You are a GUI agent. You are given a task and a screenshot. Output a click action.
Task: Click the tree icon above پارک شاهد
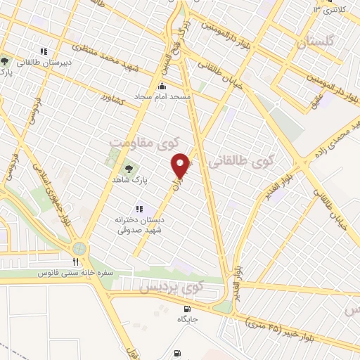(129, 169)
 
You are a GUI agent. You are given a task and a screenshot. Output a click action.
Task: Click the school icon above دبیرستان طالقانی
(44, 51)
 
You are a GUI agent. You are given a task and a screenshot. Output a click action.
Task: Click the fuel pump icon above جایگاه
(186, 308)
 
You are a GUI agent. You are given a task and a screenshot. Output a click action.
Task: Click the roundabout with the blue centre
(79, 248)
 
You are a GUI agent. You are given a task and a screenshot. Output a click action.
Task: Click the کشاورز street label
(112, 95)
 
